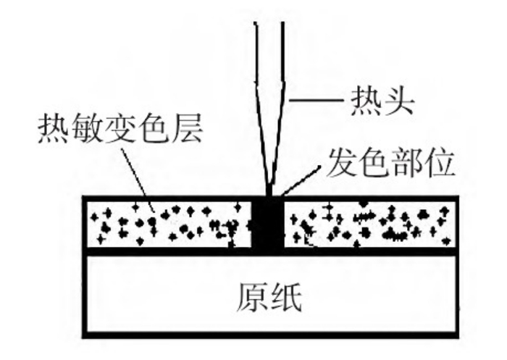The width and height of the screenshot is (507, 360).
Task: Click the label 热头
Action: (386, 100)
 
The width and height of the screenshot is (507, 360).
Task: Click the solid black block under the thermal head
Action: (270, 222)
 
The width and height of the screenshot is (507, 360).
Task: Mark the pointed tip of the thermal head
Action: (270, 192)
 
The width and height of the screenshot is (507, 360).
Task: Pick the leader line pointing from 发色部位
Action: (300, 180)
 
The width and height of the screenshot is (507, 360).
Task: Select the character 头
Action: (403, 100)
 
